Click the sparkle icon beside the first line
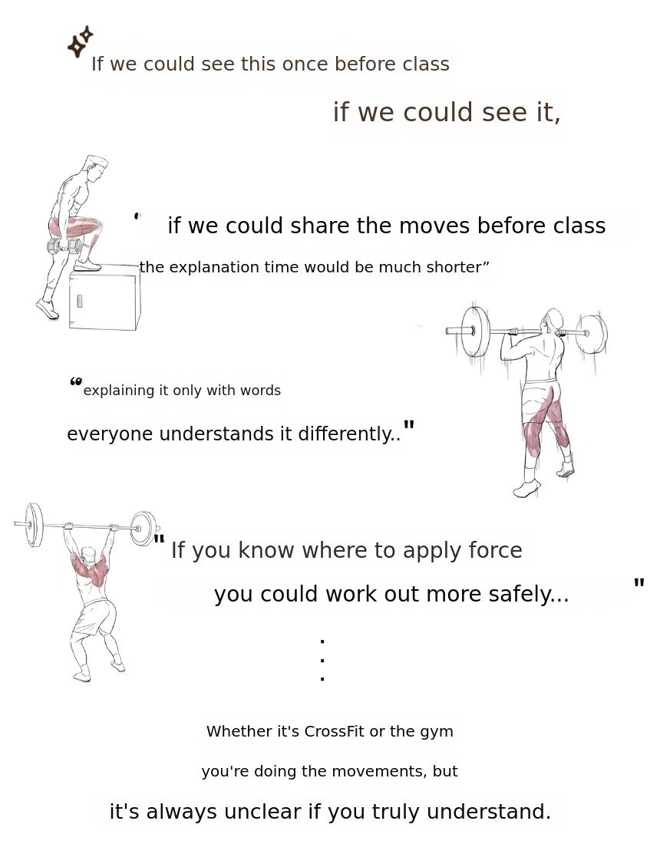pyautogui.click(x=80, y=41)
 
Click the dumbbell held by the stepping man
pyautogui.click(x=64, y=246)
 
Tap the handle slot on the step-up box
pyautogui.click(x=80, y=301)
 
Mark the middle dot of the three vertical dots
pyautogui.click(x=322, y=660)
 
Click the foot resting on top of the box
pyautogui.click(x=87, y=265)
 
